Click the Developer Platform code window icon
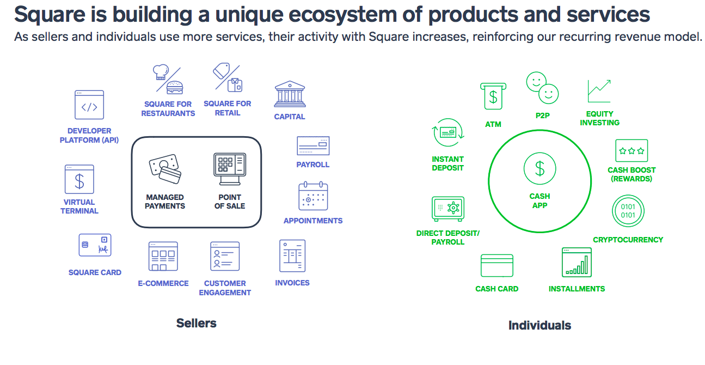[89, 105]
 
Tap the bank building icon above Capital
[290, 94]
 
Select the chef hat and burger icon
[168, 80]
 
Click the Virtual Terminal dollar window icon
[79, 179]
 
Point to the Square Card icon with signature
[95, 245]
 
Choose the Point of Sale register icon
[230, 169]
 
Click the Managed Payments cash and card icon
[165, 169]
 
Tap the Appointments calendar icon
[313, 196]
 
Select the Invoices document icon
[292, 255]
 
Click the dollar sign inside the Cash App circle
[540, 168]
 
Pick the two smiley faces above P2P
[542, 88]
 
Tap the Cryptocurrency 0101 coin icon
[628, 211]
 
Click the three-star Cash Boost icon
[632, 150]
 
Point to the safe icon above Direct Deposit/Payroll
[448, 209]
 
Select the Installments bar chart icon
[577, 263]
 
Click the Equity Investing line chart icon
[599, 91]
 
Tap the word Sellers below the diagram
[197, 323]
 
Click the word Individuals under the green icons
[540, 325]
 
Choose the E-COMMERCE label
[163, 283]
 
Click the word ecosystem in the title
[343, 15]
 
